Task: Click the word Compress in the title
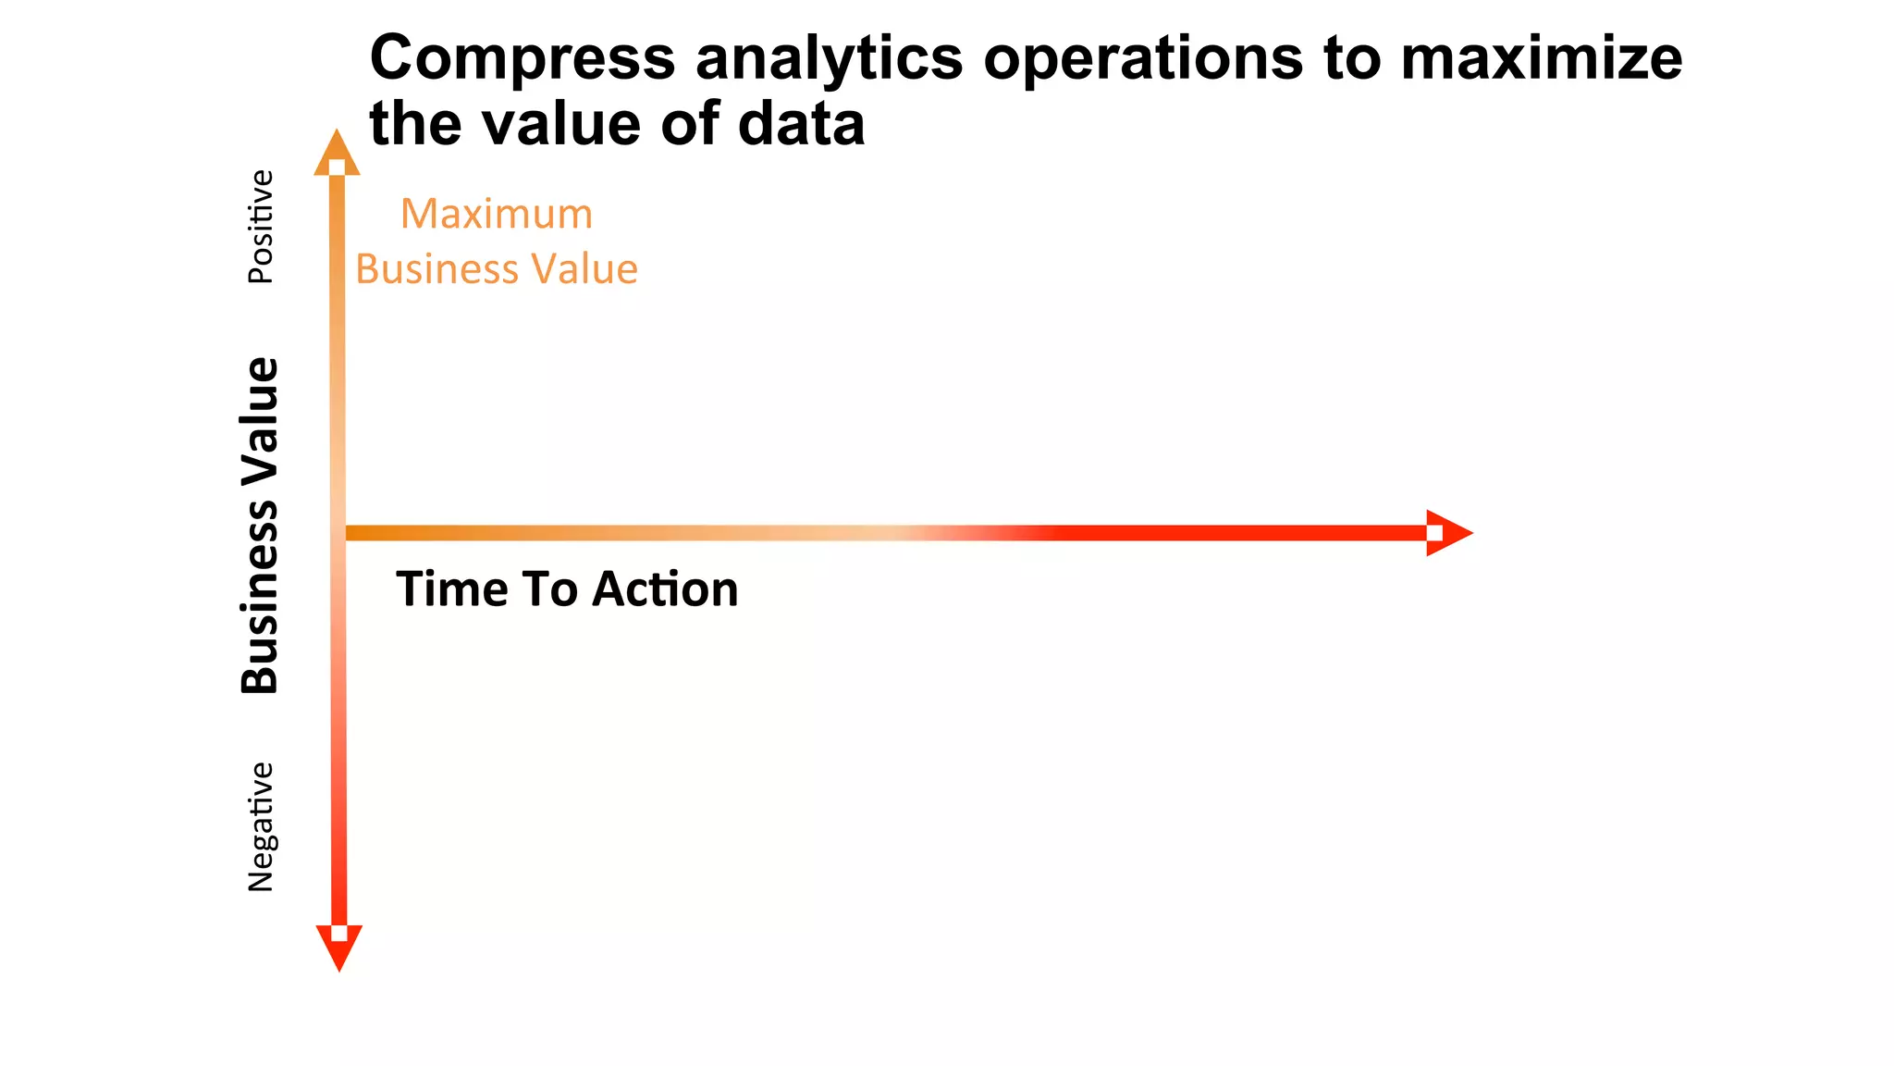[523, 59]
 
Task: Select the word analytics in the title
[829, 59]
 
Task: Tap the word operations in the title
[1143, 59]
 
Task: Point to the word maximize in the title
[1541, 57]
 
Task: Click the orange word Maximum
[497, 215]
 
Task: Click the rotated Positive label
[261, 227]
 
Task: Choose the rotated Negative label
[261, 826]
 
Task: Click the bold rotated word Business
[260, 597]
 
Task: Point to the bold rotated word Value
[260, 422]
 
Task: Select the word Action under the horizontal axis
[665, 589]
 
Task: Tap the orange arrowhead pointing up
[337, 154]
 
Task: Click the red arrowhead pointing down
[339, 946]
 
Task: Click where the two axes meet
[338, 533]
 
